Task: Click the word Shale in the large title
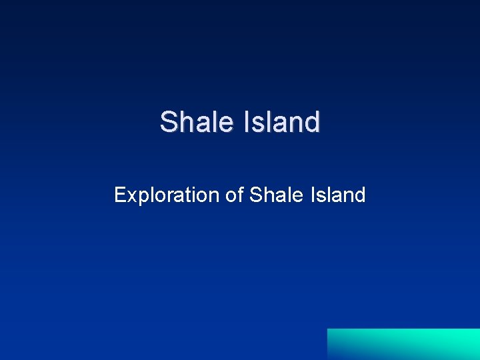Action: click(196, 122)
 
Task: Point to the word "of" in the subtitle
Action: click(234, 195)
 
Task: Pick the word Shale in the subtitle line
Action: click(273, 195)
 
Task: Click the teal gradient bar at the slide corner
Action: click(403, 344)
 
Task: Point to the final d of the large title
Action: click(313, 122)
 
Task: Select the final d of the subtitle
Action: click(360, 195)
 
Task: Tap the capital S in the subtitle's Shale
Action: click(255, 195)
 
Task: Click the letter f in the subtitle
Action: click(239, 195)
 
